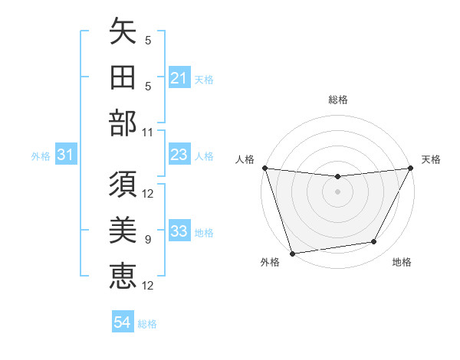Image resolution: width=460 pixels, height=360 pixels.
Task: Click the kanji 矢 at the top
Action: pos(123,33)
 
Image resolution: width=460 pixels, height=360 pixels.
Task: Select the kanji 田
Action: pos(123,78)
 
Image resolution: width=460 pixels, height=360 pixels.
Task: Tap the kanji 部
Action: pos(123,123)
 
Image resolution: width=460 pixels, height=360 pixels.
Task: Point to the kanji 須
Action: pos(123,185)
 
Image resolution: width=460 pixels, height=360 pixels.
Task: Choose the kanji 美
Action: pos(123,230)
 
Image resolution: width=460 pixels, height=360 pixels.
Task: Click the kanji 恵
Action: pos(123,274)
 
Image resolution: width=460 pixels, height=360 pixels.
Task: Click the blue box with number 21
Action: pos(179,78)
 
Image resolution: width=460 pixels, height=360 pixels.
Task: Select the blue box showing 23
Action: pos(179,155)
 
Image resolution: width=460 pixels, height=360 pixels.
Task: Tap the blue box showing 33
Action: pos(179,231)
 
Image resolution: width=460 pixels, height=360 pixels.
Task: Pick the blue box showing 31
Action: pos(66,155)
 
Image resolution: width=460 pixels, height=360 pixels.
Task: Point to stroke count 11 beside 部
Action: pos(148,133)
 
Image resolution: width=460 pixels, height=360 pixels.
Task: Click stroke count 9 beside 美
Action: pos(148,240)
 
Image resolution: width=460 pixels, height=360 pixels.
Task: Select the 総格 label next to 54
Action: pos(147,324)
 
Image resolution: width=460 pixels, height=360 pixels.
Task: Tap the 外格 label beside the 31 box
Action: pos(41,156)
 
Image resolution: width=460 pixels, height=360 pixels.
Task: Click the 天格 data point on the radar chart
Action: pos(411,168)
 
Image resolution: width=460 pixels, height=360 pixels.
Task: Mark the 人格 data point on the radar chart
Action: pos(264,168)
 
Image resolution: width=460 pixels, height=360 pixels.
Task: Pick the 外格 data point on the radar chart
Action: pos(292,253)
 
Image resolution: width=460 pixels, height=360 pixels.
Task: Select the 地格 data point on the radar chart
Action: pos(374,242)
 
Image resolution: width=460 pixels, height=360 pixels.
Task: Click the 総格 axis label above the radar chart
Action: pos(337,100)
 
